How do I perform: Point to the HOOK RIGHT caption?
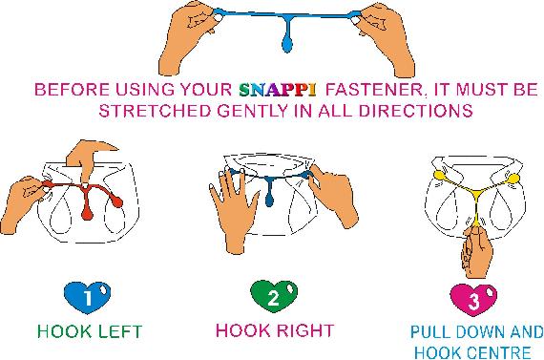pyautogui.click(x=275, y=332)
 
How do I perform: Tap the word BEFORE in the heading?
pyautogui.click(x=68, y=91)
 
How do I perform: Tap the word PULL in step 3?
pyautogui.click(x=427, y=334)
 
